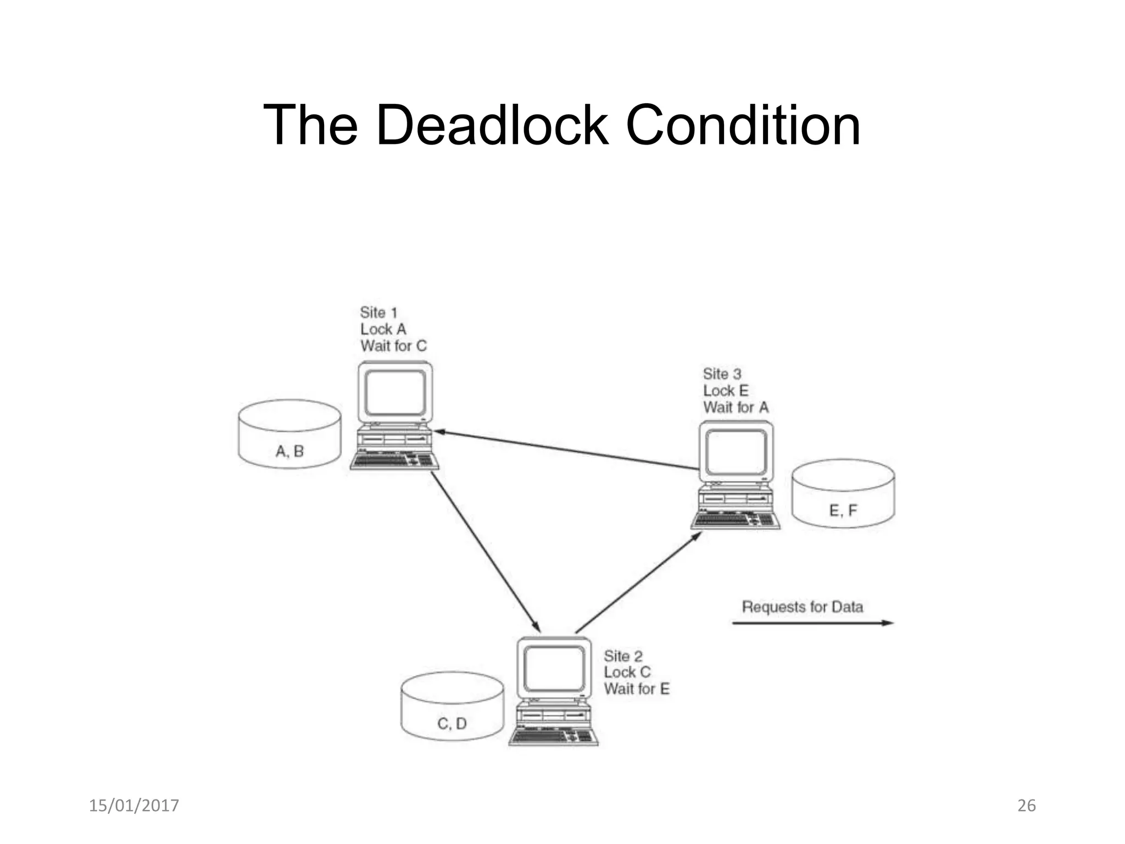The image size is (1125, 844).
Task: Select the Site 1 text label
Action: (378, 313)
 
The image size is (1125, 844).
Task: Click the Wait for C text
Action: (393, 346)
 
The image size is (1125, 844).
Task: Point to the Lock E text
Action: (726, 391)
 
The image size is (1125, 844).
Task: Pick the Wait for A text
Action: (736, 408)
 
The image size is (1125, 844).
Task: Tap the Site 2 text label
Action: (623, 656)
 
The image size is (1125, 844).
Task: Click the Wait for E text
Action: (637, 689)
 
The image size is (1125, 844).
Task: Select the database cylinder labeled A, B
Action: (289, 434)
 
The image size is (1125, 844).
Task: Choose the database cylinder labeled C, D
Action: (452, 707)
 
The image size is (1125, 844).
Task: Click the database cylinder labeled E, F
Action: (843, 494)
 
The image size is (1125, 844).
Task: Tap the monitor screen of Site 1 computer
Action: (395, 392)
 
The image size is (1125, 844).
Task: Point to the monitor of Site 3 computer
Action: (736, 452)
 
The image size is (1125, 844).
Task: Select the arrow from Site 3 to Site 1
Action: (566, 451)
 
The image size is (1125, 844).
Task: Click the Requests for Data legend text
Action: (803, 607)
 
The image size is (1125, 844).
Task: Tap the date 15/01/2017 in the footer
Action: (134, 806)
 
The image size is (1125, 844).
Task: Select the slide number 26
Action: (1027, 806)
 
